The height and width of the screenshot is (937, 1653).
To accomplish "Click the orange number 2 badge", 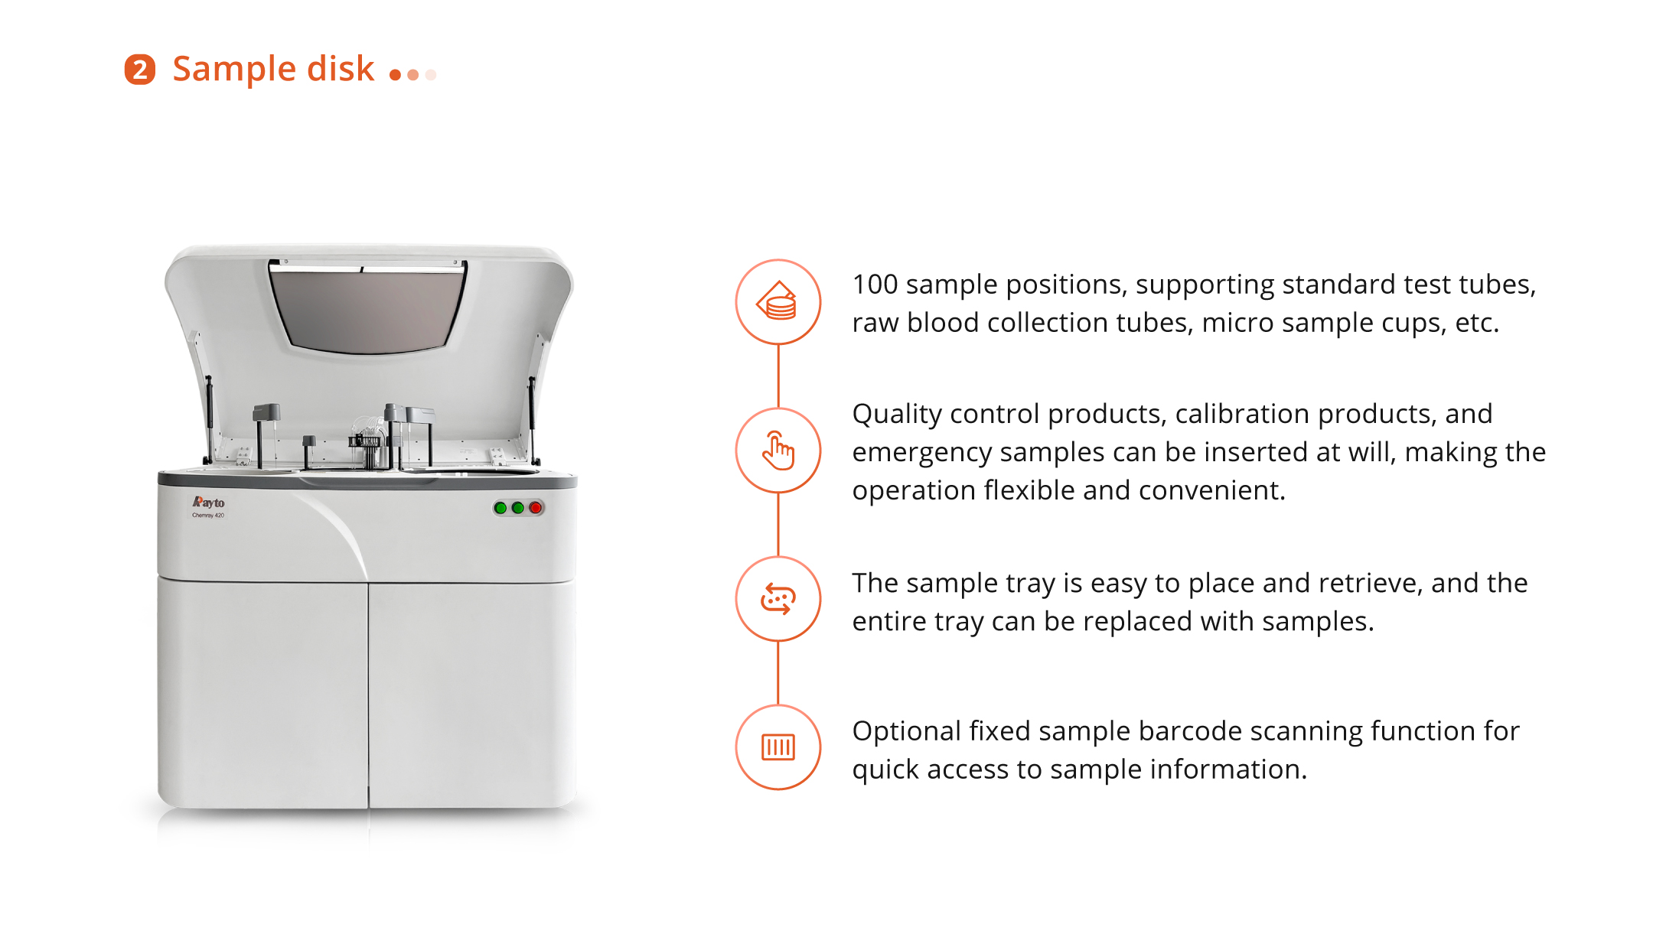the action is point(140,70).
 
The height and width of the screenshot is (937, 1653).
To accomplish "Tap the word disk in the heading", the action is point(341,68).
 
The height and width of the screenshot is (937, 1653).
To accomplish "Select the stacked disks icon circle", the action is point(778,302).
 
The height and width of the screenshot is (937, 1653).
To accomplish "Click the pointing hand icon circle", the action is point(778,451).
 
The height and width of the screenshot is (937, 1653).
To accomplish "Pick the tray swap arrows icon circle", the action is point(778,599).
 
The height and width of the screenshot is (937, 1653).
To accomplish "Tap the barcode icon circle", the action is point(778,747).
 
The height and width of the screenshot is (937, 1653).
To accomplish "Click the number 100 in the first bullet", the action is point(875,285).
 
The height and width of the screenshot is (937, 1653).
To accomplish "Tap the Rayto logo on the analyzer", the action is point(208,503).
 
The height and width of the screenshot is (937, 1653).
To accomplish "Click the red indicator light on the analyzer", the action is point(536,508).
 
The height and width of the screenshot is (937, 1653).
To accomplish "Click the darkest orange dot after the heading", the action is point(396,75).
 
